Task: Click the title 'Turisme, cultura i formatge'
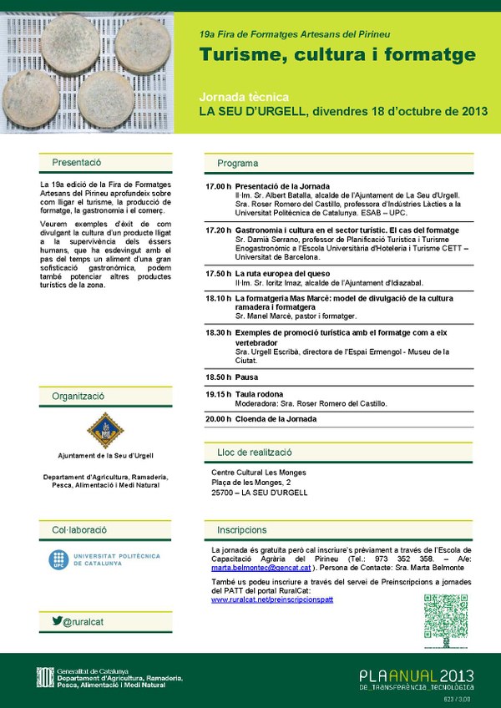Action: (x=337, y=55)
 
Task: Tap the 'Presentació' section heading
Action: (x=76, y=163)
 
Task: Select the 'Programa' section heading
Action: (x=238, y=163)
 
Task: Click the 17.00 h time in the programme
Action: (x=218, y=185)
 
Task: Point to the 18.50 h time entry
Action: (x=218, y=377)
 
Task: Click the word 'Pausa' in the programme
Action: (x=247, y=377)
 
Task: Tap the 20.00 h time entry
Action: (x=218, y=418)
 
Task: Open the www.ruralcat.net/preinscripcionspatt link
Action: (x=272, y=599)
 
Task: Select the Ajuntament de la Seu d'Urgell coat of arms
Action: (x=106, y=431)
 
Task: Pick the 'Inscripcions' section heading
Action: (x=242, y=529)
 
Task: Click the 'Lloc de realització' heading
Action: (x=255, y=452)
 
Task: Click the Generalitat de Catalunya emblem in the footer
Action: (x=43, y=677)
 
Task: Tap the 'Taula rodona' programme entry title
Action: (x=259, y=394)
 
